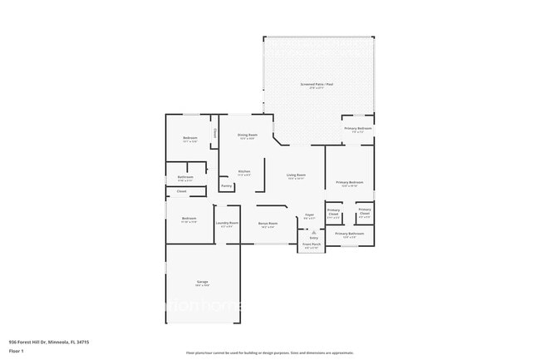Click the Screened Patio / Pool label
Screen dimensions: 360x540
(x=317, y=85)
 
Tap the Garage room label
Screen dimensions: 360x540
(x=202, y=283)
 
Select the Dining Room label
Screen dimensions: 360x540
(x=248, y=135)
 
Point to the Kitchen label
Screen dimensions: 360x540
(x=244, y=171)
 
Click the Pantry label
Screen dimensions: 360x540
(x=227, y=186)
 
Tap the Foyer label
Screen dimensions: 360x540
(x=309, y=215)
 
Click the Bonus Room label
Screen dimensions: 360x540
(x=268, y=224)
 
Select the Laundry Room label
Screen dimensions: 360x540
(x=228, y=223)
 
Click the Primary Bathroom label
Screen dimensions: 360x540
(x=350, y=234)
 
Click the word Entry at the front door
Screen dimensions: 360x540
(x=313, y=238)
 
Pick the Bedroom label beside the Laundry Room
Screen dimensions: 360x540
(x=189, y=219)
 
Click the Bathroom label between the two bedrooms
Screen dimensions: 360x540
(x=185, y=177)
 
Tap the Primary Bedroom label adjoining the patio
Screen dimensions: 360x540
(x=356, y=129)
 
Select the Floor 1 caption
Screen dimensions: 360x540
(x=17, y=351)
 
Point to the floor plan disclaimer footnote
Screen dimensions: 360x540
(x=269, y=353)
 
